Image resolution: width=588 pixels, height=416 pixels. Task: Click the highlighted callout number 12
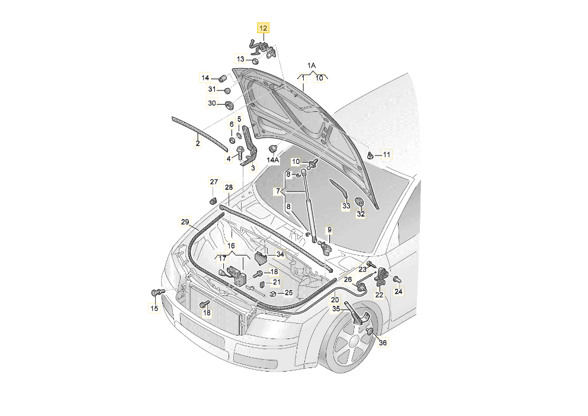tap(262, 28)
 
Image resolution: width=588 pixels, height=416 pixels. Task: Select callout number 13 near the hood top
tap(241, 59)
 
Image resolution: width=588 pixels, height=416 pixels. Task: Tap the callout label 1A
tap(311, 65)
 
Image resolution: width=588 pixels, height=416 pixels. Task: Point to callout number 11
tap(386, 155)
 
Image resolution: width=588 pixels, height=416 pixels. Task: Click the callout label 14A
tap(272, 160)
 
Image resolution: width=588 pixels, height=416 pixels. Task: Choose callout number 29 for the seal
tap(185, 222)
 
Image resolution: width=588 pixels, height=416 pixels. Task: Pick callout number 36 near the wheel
tap(382, 343)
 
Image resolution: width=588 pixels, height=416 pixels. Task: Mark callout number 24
tap(398, 291)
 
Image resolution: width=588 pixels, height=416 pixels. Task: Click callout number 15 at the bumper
tap(153, 308)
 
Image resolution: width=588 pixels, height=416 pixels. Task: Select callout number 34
tap(280, 254)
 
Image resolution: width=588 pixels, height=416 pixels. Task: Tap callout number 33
tap(346, 206)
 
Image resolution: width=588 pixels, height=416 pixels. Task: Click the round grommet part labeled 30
tap(229, 105)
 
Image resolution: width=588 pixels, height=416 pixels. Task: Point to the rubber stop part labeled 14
tap(224, 78)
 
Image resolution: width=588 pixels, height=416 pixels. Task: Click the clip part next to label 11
tap(371, 156)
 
